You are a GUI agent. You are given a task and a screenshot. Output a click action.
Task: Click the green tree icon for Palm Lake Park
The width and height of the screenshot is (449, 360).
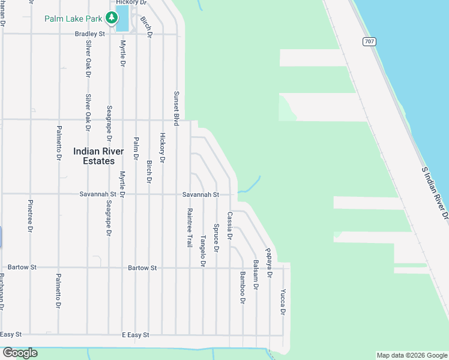[x=112, y=18]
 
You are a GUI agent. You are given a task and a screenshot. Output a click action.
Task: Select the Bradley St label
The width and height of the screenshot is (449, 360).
[x=90, y=34]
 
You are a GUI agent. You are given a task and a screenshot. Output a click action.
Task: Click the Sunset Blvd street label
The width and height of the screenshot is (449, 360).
[x=176, y=108]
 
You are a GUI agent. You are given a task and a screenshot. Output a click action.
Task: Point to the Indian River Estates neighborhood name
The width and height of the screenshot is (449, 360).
[x=98, y=156]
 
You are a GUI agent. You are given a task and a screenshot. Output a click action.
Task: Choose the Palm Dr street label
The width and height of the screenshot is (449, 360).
[x=136, y=149]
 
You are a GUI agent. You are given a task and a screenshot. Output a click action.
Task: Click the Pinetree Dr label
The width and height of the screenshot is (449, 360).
[x=30, y=215]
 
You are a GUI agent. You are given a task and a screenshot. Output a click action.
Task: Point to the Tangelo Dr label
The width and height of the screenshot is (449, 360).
[x=203, y=250]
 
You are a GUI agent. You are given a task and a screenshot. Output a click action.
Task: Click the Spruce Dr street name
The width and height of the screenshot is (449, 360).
[x=216, y=239]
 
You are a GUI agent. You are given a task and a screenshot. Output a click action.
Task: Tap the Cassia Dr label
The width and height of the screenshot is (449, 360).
[x=229, y=224]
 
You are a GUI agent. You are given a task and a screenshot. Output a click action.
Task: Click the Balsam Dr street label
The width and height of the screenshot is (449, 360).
[x=256, y=275]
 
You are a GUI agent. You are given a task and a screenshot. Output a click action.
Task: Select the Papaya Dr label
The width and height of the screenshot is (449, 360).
[x=270, y=263]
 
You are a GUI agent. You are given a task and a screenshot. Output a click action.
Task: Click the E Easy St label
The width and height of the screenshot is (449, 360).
[x=135, y=334]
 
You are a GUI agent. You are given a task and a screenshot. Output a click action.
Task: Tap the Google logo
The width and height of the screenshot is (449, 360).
[x=20, y=353]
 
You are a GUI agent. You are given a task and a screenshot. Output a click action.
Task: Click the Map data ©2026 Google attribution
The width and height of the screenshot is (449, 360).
[x=411, y=355]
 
